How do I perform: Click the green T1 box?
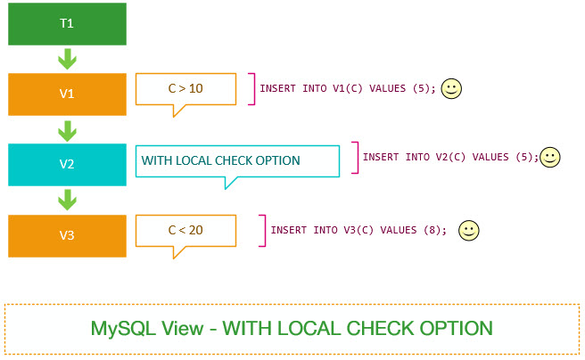tap(67, 24)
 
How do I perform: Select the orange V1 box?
tap(67, 94)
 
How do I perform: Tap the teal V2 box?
tap(67, 164)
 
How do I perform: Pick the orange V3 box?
tap(67, 235)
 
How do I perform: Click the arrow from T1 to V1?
tap(67, 59)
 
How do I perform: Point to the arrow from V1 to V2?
tap(67, 129)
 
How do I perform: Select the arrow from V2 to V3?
tap(67, 200)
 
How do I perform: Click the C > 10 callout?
tap(185, 89)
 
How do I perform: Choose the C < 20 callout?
tap(185, 230)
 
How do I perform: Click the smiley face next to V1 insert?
tap(452, 89)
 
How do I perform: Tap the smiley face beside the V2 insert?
tap(550, 157)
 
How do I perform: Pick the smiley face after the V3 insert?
tap(468, 230)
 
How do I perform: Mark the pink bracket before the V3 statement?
tap(263, 230)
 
